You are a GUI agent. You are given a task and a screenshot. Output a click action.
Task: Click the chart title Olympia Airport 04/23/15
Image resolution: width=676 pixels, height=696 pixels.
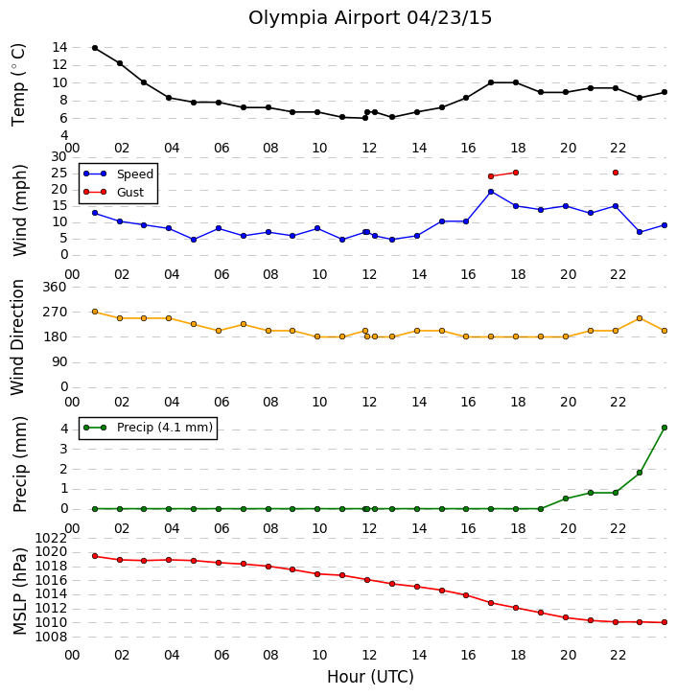370,18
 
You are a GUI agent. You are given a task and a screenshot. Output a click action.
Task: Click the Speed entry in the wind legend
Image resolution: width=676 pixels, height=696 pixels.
119,174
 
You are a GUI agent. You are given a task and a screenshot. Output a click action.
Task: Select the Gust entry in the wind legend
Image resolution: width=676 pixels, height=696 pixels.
114,192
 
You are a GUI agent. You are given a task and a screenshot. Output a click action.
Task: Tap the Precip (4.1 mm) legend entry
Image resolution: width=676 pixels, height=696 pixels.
149,428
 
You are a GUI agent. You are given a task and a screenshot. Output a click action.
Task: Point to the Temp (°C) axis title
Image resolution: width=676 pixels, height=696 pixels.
18,84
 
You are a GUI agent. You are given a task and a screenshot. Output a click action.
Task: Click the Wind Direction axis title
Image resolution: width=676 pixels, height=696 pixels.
17,337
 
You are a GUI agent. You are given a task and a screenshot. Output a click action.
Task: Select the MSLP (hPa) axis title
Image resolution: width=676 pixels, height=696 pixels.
19,592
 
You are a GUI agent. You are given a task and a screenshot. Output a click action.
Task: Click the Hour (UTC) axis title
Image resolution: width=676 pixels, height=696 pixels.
370,677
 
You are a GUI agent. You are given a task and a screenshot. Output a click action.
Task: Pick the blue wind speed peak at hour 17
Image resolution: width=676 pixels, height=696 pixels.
491,192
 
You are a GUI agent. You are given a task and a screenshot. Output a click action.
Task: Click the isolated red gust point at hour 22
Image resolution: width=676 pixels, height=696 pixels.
616,173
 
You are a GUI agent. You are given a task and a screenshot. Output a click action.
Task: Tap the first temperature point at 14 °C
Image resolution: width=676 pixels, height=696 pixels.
95,48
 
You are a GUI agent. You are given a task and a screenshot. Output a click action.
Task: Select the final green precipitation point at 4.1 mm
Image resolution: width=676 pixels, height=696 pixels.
664,428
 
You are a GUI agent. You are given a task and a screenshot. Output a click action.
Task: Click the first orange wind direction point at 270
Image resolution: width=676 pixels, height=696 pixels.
95,312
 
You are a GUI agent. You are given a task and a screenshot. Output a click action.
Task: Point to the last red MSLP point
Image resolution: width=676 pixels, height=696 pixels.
664,622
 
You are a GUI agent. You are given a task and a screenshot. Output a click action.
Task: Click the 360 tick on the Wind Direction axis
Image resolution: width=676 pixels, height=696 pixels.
54,288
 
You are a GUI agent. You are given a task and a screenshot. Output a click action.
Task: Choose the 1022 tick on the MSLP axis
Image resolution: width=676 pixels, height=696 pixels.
51,539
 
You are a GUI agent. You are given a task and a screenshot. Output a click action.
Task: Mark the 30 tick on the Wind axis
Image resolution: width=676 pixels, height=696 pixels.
59,156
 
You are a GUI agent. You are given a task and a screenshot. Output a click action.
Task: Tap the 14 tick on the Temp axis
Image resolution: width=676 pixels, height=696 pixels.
59,47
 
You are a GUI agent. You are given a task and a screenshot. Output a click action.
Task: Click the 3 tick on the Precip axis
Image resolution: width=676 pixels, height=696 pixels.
64,449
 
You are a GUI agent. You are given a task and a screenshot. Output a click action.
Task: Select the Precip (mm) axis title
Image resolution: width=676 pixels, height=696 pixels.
19,465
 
